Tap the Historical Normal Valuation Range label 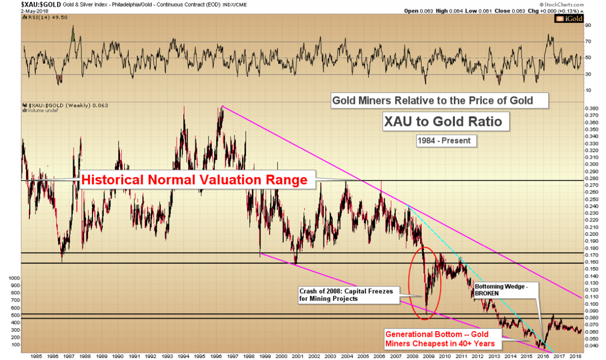pyautogui.click(x=195, y=180)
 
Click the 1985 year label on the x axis pyautogui.click(x=35, y=355)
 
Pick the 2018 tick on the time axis pyautogui.click(x=574, y=355)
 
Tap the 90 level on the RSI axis pyautogui.click(x=587, y=24)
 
